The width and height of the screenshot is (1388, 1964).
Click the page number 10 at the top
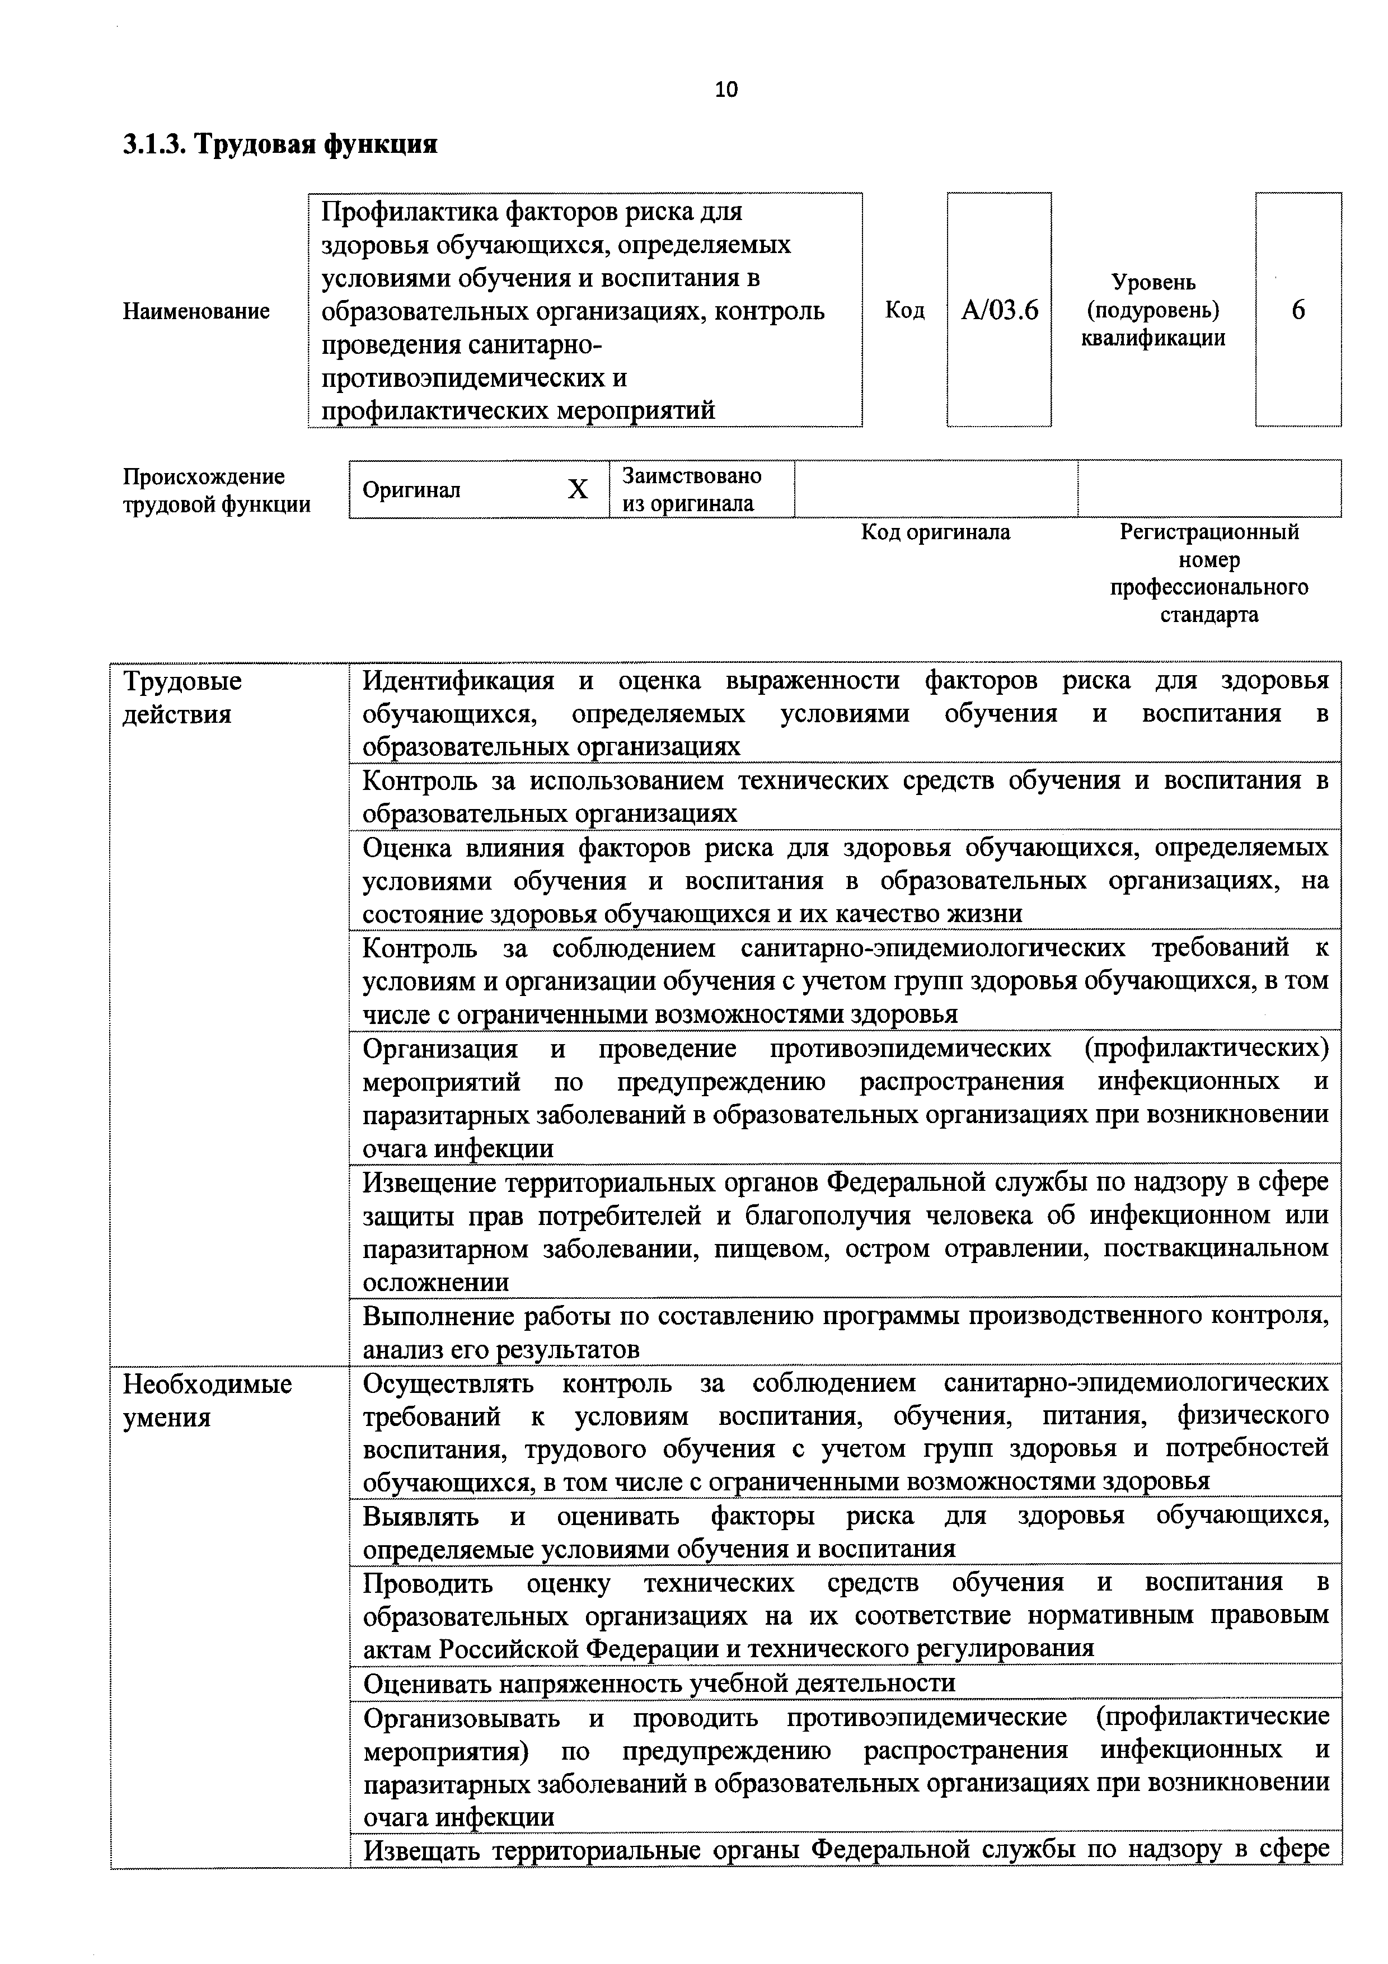tap(726, 89)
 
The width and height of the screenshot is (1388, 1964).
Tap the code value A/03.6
tap(999, 310)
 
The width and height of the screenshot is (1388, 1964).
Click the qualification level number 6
tap(1297, 310)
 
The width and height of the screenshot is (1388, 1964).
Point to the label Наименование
tap(196, 311)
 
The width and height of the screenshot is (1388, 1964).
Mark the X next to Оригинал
tap(578, 489)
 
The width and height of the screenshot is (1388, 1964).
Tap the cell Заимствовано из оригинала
tap(691, 489)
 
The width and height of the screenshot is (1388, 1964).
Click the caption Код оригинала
tap(935, 532)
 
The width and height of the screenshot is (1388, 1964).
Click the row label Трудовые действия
tap(182, 697)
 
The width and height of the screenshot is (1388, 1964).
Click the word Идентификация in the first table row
tap(458, 681)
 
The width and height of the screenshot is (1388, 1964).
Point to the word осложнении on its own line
tap(435, 1282)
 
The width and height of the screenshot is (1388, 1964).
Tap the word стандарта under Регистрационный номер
tap(1208, 614)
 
